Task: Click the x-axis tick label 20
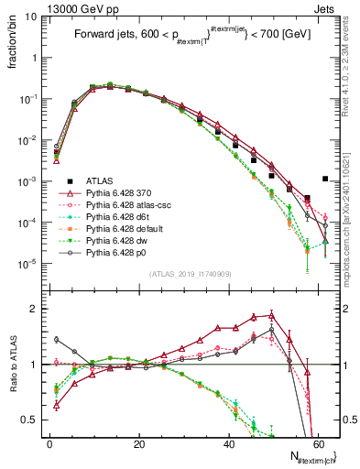click(x=137, y=443)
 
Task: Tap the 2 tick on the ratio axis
click(x=37, y=309)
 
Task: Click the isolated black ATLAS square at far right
click(x=325, y=179)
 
